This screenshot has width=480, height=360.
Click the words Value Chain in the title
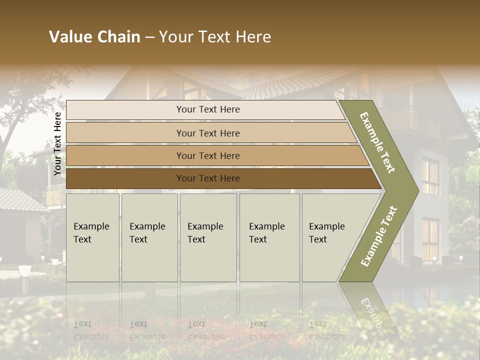(x=94, y=37)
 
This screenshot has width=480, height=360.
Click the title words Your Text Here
(x=215, y=37)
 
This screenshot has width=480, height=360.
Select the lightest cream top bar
(x=207, y=109)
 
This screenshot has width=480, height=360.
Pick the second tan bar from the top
(x=207, y=133)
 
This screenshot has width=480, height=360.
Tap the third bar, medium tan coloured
(x=207, y=155)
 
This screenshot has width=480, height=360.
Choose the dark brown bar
(x=207, y=178)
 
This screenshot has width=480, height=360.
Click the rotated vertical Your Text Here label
(x=57, y=143)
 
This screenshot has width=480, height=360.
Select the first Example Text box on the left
(x=92, y=237)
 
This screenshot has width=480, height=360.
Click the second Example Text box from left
(x=149, y=237)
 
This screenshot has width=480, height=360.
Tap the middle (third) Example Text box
(x=207, y=237)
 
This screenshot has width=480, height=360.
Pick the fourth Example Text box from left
(x=269, y=237)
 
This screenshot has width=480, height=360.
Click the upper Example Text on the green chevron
(x=377, y=142)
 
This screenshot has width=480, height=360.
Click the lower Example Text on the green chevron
(x=379, y=236)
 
